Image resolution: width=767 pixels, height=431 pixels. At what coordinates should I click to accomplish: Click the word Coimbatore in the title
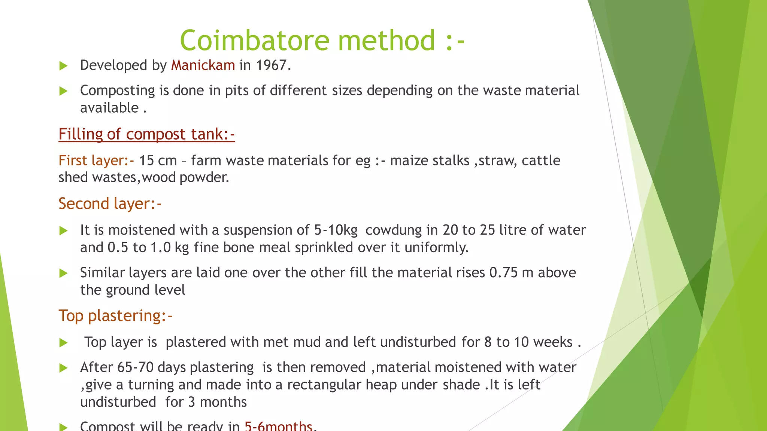click(x=255, y=40)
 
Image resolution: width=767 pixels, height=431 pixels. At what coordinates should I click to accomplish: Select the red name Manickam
click(x=203, y=65)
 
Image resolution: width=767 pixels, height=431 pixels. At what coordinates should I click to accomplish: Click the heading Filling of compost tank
click(x=146, y=134)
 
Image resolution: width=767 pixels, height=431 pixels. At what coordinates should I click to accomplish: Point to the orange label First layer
click(x=96, y=161)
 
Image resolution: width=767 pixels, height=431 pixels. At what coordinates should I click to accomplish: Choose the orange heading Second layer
click(x=110, y=204)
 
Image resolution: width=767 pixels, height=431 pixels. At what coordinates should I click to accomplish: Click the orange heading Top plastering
click(x=115, y=315)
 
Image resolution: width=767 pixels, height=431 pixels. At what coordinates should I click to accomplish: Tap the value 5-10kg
click(x=336, y=230)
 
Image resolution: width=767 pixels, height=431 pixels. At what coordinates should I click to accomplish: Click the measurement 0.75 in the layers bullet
click(x=503, y=273)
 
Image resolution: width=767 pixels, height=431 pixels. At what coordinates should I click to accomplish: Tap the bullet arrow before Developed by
click(x=64, y=66)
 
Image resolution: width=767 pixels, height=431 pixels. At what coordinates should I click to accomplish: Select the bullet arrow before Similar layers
click(x=64, y=273)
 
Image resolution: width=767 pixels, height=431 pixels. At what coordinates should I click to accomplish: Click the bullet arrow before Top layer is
click(x=64, y=343)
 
